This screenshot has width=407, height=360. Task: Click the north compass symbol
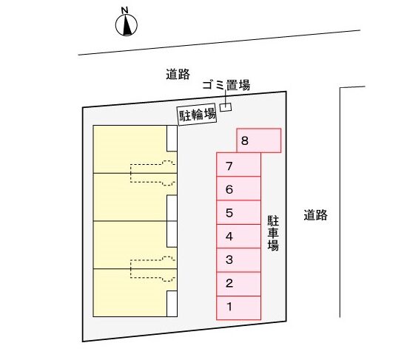127,25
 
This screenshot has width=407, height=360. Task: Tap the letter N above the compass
125,10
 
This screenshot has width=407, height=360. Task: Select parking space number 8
259,140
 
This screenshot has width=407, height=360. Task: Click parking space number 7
238,164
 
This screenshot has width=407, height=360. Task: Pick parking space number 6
238,189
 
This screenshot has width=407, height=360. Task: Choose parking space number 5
238,212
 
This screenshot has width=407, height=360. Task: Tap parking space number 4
238,237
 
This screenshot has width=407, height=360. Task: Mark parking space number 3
238,260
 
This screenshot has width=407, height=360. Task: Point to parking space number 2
238,284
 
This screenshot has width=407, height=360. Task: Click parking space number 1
238,308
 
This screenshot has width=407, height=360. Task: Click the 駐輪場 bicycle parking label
197,115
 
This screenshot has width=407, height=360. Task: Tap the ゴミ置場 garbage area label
226,85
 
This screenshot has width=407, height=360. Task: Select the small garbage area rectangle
226,107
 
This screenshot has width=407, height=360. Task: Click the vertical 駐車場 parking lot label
273,233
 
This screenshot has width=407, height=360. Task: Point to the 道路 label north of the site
178,74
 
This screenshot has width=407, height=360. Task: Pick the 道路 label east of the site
316,215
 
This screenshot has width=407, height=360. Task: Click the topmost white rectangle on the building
172,138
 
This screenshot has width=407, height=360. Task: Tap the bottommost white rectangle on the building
172,304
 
